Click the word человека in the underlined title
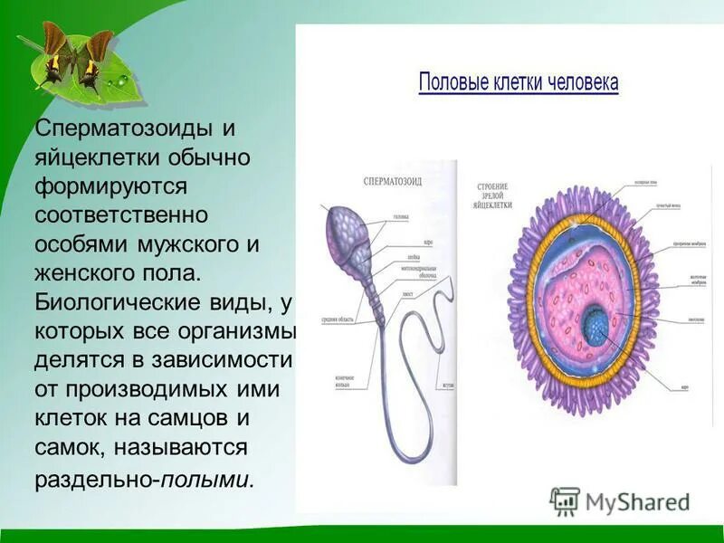coord(583,83)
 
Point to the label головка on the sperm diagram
coord(401,217)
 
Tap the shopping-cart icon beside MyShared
coord(565,501)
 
